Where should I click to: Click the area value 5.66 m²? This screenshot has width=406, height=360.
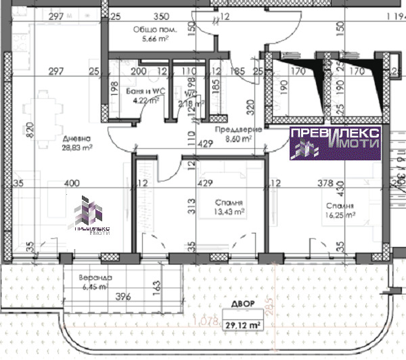point(154,39)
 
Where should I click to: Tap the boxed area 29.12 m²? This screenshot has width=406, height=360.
point(241,325)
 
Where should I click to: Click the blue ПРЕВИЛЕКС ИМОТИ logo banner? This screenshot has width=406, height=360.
point(336,142)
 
